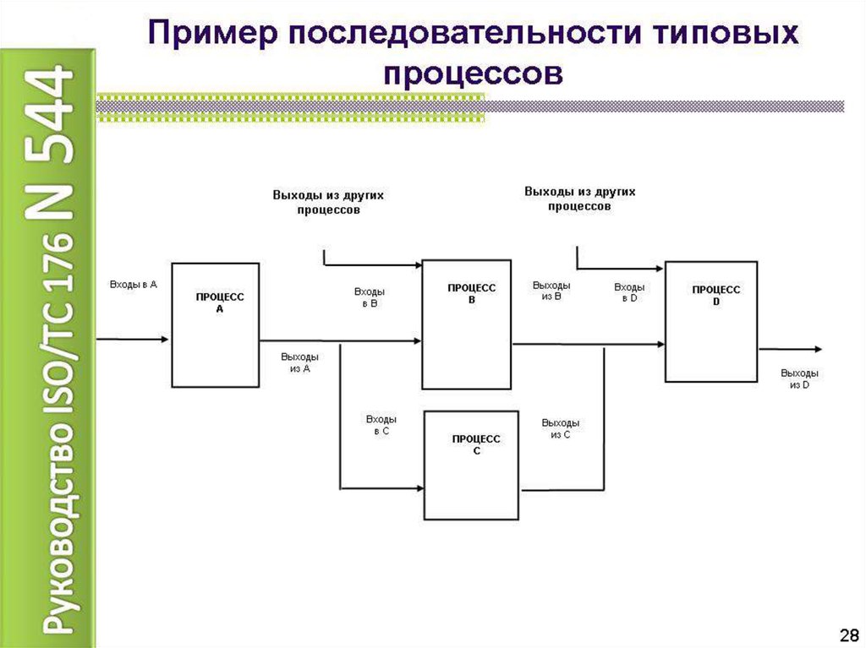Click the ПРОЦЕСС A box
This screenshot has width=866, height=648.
[216, 324]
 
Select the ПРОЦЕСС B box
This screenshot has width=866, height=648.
[466, 324]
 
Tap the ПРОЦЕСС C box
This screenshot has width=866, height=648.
[471, 465]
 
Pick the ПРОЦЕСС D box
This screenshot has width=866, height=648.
[711, 322]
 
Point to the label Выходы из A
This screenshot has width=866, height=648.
[299, 362]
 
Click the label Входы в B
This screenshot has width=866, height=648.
[370, 297]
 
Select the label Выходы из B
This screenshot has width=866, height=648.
[551, 291]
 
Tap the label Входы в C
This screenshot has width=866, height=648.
[381, 425]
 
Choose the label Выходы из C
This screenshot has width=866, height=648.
[561, 428]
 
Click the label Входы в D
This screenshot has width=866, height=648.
[629, 292]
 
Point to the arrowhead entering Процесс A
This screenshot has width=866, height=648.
[167, 340]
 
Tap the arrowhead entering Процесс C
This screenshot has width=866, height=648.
[419, 488]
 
